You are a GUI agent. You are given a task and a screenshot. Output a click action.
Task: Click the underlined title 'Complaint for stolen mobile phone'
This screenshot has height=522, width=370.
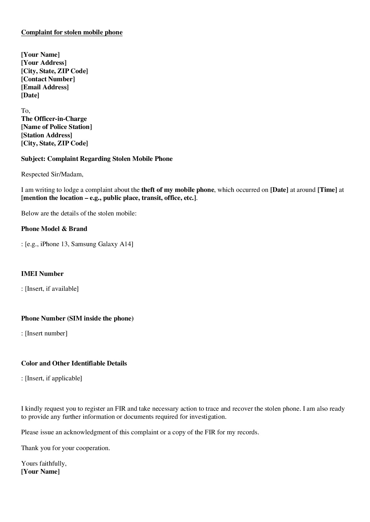(72, 33)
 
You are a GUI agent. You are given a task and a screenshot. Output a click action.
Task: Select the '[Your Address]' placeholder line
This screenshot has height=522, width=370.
(44, 63)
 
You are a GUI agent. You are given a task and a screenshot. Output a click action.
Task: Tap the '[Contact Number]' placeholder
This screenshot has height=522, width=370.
(48, 79)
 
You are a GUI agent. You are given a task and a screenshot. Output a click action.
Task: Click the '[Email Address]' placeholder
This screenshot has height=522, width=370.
(45, 87)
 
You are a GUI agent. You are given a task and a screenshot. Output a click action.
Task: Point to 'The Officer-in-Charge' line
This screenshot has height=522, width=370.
(54, 119)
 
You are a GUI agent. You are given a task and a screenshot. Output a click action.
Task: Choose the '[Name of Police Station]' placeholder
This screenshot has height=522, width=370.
(57, 127)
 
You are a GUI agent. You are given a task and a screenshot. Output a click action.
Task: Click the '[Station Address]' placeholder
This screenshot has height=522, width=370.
(47, 135)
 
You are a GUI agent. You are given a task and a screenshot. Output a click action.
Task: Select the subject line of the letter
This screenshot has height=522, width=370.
(97, 159)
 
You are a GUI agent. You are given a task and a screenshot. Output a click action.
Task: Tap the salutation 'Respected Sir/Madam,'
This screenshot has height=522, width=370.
(52, 174)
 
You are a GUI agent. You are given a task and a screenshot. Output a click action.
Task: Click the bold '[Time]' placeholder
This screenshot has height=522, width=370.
(327, 190)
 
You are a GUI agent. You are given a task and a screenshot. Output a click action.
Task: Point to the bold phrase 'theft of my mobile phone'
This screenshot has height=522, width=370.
(178, 190)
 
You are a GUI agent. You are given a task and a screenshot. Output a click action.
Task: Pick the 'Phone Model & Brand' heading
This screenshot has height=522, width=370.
(54, 229)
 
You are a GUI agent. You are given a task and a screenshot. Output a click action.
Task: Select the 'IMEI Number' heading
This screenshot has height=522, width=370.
(42, 274)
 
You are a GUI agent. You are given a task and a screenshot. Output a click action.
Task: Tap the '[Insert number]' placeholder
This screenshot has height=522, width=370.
(46, 334)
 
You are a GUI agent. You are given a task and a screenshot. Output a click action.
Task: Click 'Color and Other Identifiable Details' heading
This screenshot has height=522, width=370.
(74, 363)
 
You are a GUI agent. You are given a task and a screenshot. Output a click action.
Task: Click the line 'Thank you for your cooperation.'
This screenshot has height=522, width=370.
(66, 448)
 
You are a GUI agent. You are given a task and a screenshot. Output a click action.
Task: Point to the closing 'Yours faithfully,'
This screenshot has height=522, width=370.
(44, 463)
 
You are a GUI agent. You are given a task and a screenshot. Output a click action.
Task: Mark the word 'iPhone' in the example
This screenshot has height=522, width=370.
(50, 244)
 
